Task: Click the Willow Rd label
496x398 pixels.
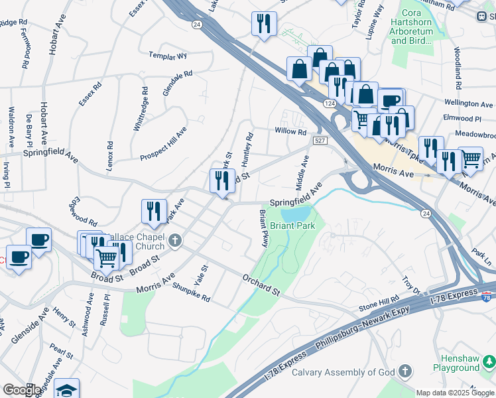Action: (290, 131)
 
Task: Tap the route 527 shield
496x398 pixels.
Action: (320, 141)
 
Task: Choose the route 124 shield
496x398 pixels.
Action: (330, 104)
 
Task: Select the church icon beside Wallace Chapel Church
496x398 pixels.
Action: (174, 240)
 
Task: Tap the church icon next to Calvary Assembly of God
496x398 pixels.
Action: (404, 371)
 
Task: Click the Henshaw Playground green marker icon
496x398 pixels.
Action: (489, 361)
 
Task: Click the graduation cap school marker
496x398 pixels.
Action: (66, 389)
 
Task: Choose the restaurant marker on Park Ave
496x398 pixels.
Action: (154, 211)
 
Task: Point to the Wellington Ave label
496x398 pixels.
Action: (469, 104)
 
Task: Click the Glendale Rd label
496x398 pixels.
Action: (177, 83)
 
